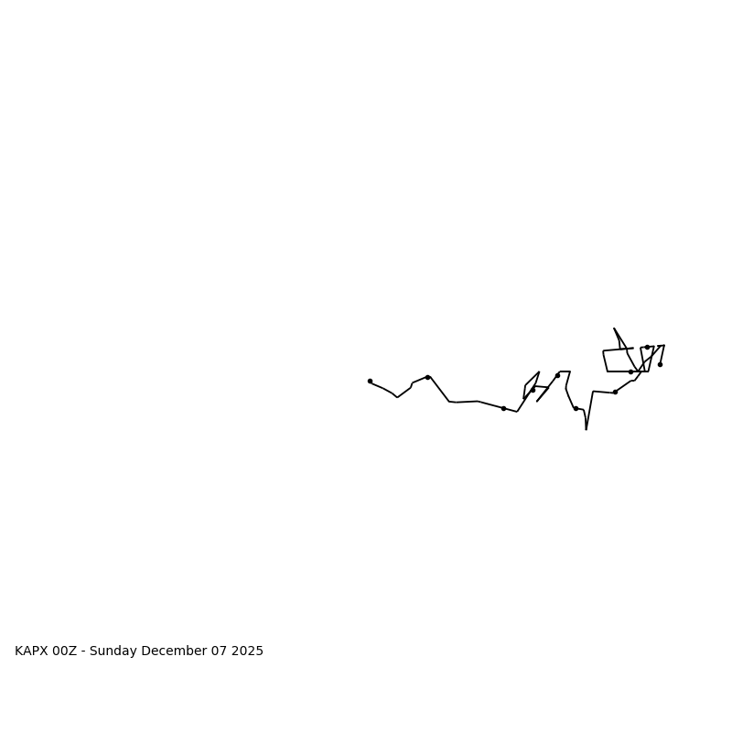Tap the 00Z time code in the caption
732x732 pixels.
point(65,651)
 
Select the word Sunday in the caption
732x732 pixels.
point(113,651)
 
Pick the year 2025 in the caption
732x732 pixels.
point(248,651)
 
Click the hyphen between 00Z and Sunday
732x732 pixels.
point(83,651)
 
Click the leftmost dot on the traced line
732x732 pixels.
point(370,381)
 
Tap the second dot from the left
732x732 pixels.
point(427,377)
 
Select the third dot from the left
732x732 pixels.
point(503,408)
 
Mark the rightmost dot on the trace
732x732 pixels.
point(660,364)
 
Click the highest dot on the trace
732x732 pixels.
point(647,347)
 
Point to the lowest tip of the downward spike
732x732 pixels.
point(587,429)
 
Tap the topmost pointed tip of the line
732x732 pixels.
point(614,328)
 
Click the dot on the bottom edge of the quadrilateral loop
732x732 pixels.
point(630,371)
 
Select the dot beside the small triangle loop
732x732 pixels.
point(533,390)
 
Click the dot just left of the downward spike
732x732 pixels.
point(576,408)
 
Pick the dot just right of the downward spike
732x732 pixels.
point(615,392)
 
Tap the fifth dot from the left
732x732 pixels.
point(557,375)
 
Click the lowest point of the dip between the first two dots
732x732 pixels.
point(397,397)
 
